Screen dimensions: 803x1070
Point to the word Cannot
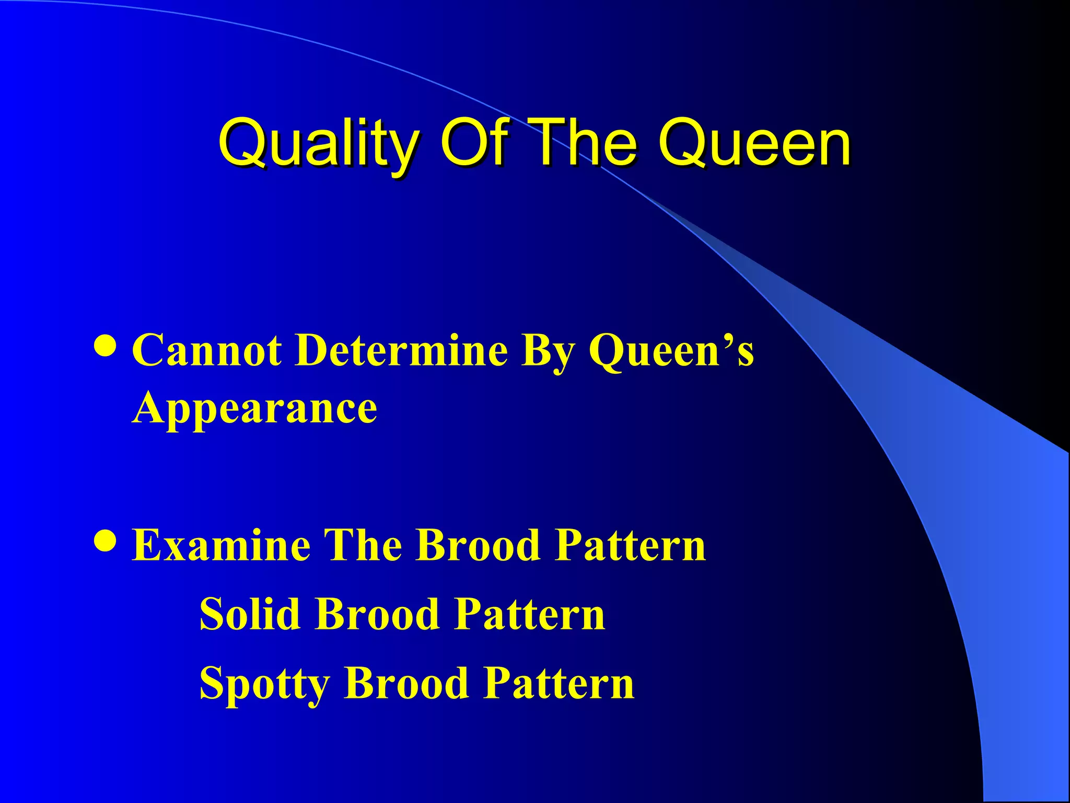pos(207,350)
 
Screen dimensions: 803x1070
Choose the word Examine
pos(221,545)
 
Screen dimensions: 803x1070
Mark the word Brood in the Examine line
pos(478,545)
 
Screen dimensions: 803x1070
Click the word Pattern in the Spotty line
pos(559,683)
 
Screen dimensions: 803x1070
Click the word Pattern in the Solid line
pos(529,614)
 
